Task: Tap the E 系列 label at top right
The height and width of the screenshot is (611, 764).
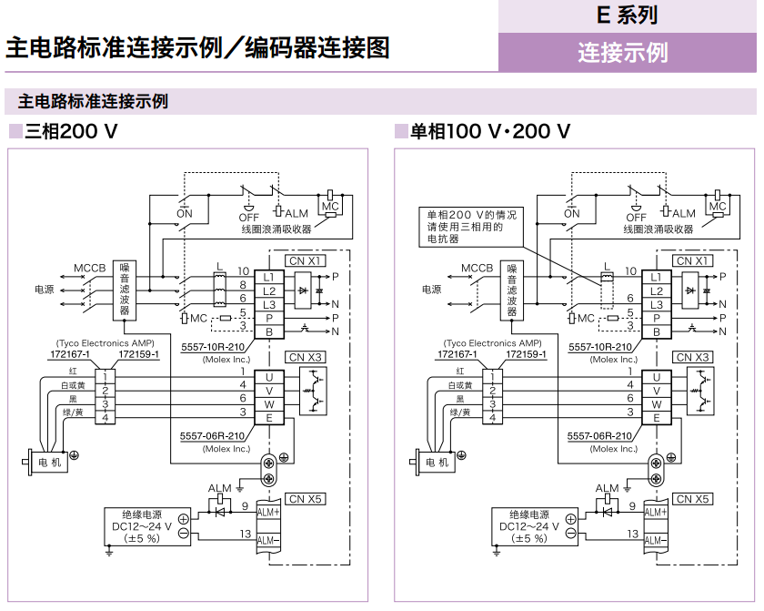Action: [627, 15]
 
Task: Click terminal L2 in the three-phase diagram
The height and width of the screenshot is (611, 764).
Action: [269, 290]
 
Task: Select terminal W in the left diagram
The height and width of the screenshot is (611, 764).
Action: [269, 403]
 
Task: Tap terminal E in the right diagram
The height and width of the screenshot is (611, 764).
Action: [657, 418]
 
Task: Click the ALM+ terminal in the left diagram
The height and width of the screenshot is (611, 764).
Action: [269, 512]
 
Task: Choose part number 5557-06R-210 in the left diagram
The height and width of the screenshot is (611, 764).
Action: [214, 435]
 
